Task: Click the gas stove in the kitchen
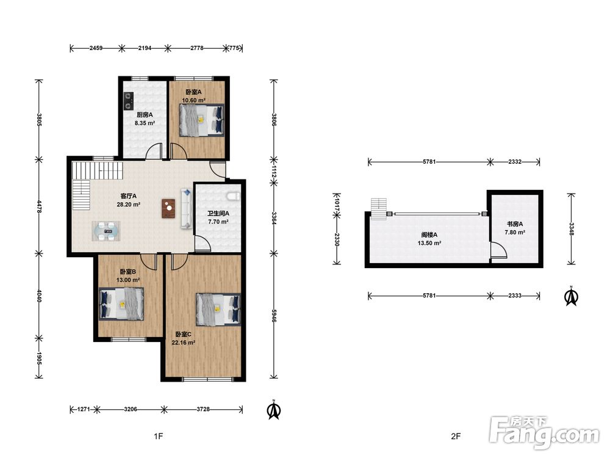[128, 101]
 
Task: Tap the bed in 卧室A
[201, 120]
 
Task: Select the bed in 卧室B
[121, 304]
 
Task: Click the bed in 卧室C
[218, 309]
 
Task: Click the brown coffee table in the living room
[168, 209]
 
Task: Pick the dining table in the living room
[106, 231]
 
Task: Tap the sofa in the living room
[186, 208]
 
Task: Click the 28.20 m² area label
[128, 205]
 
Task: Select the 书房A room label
[515, 224]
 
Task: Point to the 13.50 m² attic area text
[429, 243]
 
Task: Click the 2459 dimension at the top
[96, 48]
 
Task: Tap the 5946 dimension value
[274, 316]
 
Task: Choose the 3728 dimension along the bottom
[203, 409]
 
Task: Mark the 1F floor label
[158, 437]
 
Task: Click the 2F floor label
[456, 437]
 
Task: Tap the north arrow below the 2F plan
[571, 296]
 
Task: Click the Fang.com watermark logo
[545, 432]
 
